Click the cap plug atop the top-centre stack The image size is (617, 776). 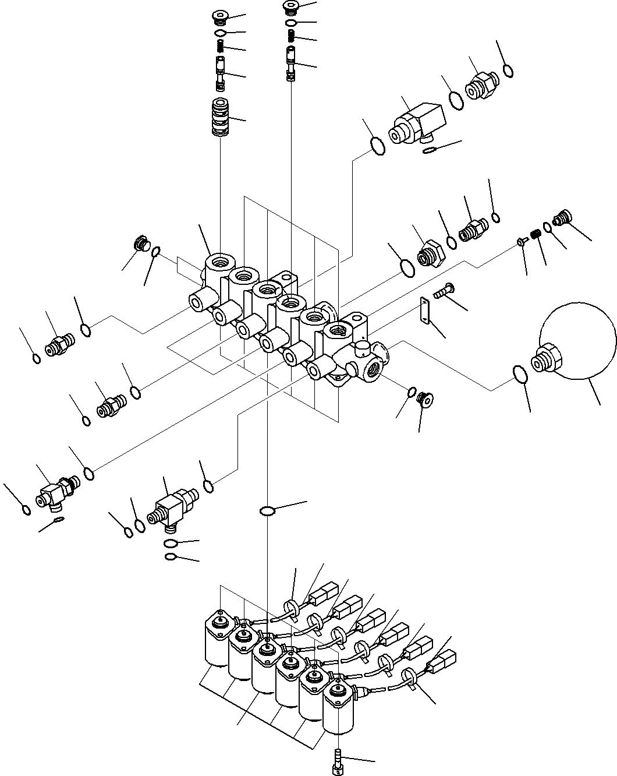tap(290, 6)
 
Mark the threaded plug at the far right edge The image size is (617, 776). tap(562, 218)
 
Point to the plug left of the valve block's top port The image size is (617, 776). tap(141, 244)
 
